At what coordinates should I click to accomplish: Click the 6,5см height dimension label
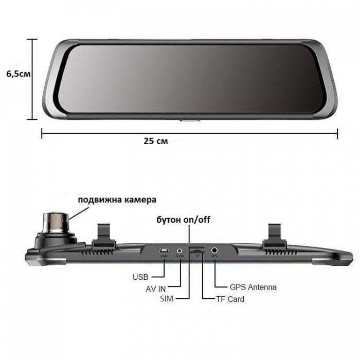19,74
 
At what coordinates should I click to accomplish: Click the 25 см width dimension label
156,141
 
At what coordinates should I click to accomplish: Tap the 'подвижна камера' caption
117,200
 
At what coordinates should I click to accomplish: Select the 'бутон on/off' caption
183,220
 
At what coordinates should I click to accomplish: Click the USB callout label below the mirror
140,277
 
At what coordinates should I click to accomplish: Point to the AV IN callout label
155,289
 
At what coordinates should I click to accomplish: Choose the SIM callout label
167,299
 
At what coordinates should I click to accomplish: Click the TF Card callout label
230,299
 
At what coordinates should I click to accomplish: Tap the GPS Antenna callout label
253,287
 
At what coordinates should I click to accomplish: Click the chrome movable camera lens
56,222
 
